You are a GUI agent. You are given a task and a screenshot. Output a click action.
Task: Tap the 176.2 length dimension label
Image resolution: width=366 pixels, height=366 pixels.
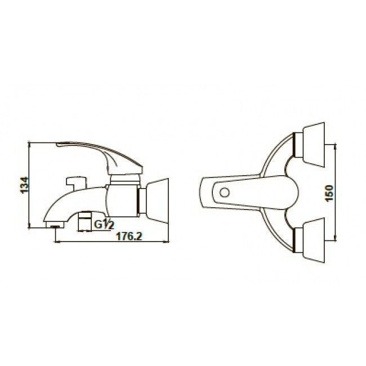pyautogui.click(x=129, y=236)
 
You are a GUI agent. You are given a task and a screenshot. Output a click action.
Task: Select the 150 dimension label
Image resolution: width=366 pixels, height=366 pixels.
pyautogui.click(x=329, y=194)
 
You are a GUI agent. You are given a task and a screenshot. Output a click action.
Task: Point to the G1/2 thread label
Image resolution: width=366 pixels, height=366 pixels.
pyautogui.click(x=104, y=224)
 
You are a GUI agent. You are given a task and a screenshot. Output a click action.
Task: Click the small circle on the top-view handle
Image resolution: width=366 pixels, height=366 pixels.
pyautogui.click(x=225, y=193)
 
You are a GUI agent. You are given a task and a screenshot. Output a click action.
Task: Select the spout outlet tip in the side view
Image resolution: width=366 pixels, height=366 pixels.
pyautogui.click(x=55, y=225)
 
